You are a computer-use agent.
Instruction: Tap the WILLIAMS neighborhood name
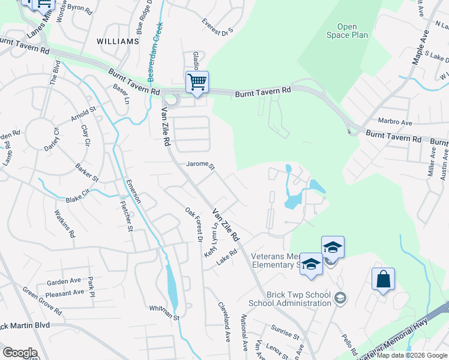pyautogui.click(x=118, y=41)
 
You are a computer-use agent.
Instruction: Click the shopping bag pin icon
pyautogui.click(x=383, y=280)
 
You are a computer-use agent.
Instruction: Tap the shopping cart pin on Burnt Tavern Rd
pyautogui.click(x=196, y=82)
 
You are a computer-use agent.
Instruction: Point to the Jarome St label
pyautogui.click(x=200, y=164)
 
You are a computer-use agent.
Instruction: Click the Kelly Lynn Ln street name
pyautogui.click(x=211, y=241)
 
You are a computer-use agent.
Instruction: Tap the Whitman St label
pyautogui.click(x=164, y=308)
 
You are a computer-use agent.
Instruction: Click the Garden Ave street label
pyautogui.click(x=64, y=281)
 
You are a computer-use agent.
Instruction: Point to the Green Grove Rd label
pyautogui.click(x=41, y=300)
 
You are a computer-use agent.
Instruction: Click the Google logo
pyautogui.click(x=19, y=353)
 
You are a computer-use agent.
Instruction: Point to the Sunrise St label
pyautogui.click(x=285, y=334)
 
